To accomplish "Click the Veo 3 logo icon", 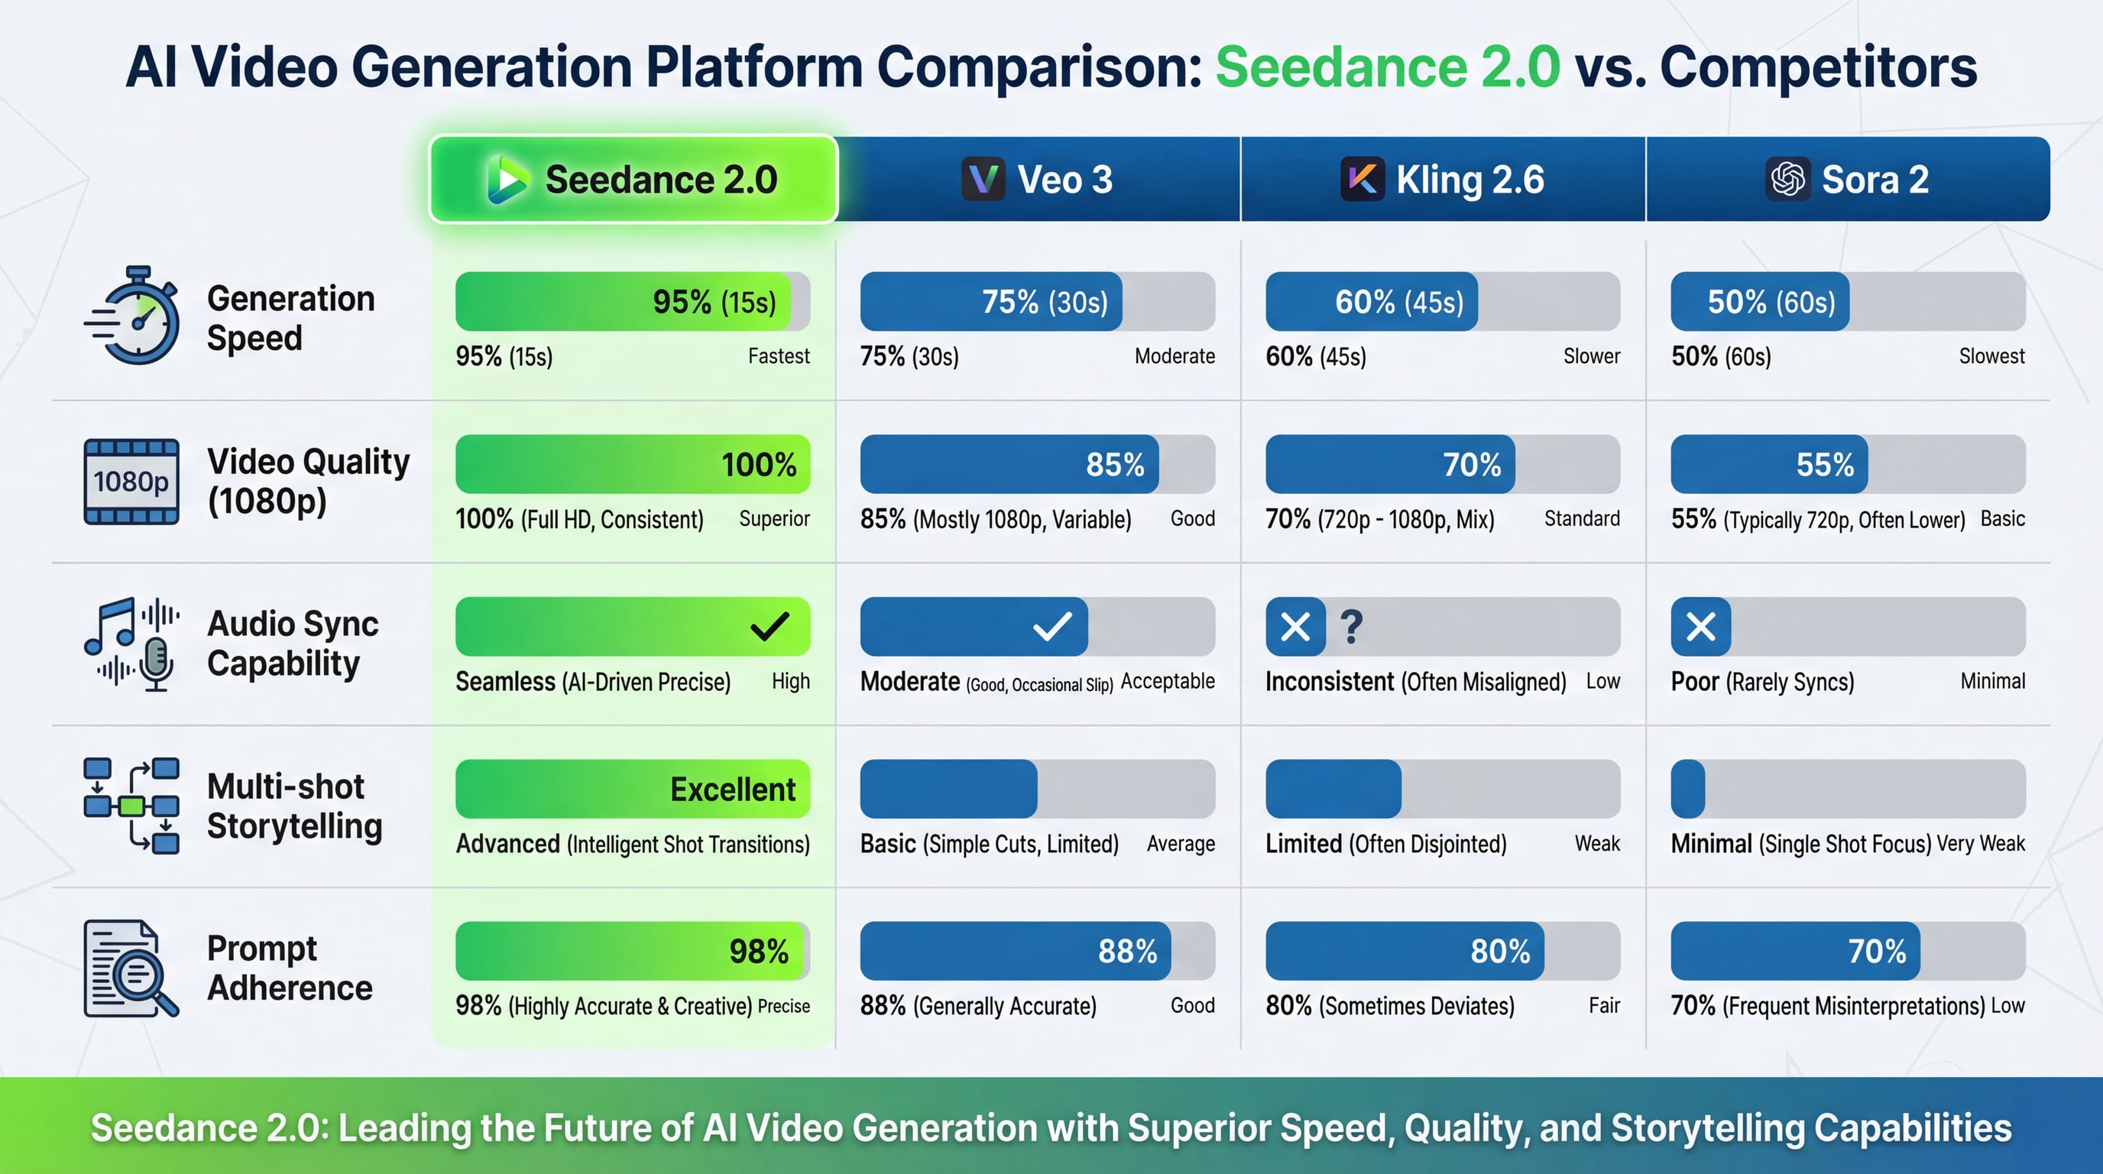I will point(983,179).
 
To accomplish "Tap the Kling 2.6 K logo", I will point(1362,179).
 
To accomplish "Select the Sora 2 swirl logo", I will point(1788,179).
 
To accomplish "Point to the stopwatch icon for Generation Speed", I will point(134,315).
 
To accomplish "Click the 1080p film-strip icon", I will point(131,482).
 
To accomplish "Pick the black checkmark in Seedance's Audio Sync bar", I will point(769,626).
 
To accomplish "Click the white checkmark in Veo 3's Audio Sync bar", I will point(1052,626).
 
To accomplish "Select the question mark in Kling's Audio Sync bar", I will point(1351,627).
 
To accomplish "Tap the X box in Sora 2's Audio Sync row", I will point(1700,626).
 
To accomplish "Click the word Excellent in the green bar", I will point(732,790).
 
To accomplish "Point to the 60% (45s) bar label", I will point(1399,302).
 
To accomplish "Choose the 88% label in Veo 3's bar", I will point(1127,951).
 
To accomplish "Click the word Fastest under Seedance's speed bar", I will point(778,356).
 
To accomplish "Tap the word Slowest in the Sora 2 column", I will point(1991,356).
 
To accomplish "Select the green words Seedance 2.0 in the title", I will point(1387,67).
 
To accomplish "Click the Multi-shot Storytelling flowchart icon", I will point(131,805).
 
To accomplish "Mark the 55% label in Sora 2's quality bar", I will point(1825,465).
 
